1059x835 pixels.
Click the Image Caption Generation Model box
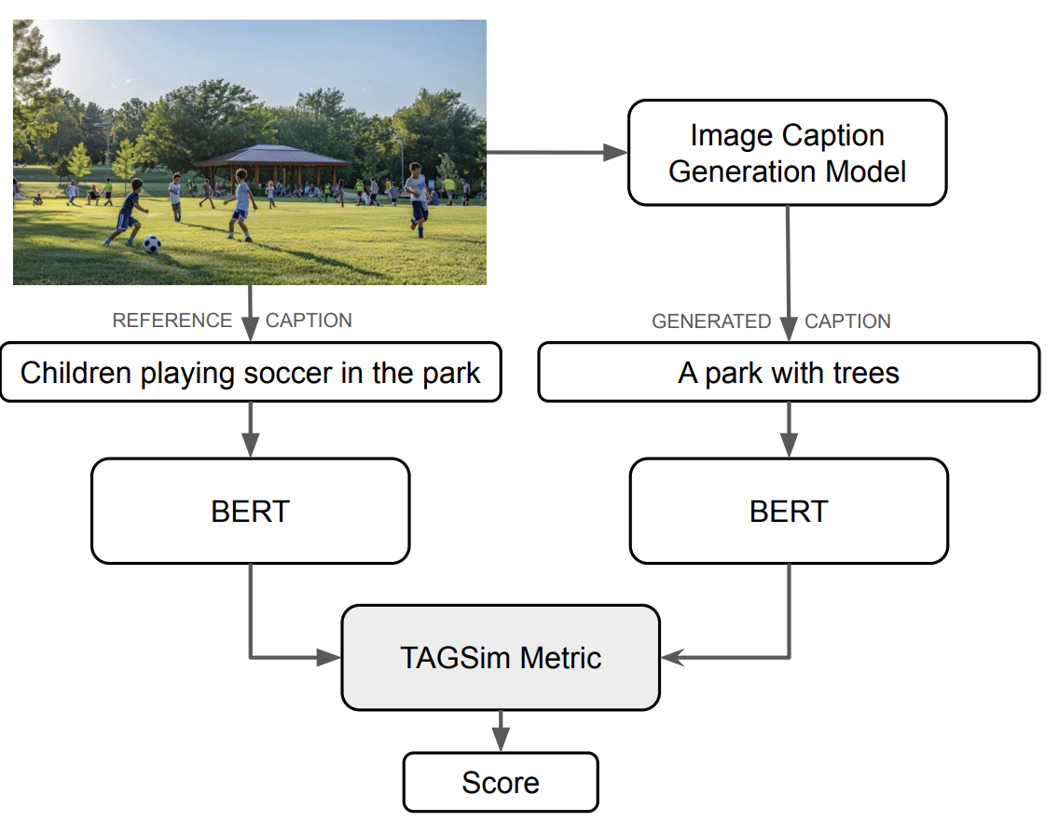pos(788,153)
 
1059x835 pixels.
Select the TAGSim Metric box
pos(501,658)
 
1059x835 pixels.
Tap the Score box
pos(501,782)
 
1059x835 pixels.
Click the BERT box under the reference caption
pos(250,511)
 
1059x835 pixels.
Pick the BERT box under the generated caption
pos(789,511)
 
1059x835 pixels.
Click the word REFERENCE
pos(172,321)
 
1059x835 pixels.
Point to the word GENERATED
pos(711,322)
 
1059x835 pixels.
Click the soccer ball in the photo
pos(152,244)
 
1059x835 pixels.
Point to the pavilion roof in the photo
pos(272,154)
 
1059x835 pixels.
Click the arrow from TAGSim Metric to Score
pos(501,731)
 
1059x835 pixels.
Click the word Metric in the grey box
pos(561,658)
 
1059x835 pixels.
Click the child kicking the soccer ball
pos(129,212)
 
